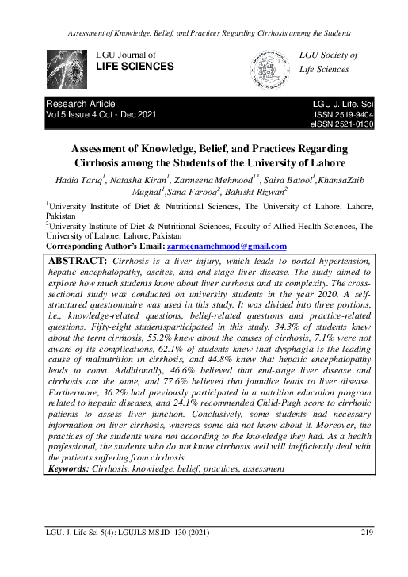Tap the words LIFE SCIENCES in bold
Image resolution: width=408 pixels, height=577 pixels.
135,67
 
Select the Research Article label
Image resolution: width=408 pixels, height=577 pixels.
82,104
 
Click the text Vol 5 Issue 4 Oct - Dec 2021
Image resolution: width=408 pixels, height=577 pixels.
104,115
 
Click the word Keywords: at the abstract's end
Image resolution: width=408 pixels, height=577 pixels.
69,468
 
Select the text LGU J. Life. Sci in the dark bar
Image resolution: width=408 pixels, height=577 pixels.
344,104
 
